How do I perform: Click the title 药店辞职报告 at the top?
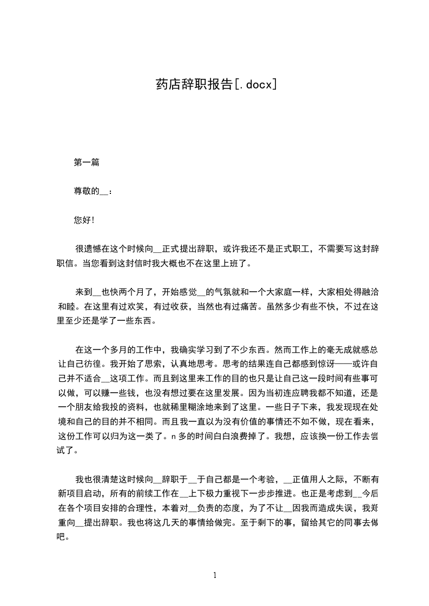point(194,85)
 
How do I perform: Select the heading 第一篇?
point(86,162)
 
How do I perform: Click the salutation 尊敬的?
point(86,191)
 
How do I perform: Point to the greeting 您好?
point(84,220)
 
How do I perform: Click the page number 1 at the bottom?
point(215,575)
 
